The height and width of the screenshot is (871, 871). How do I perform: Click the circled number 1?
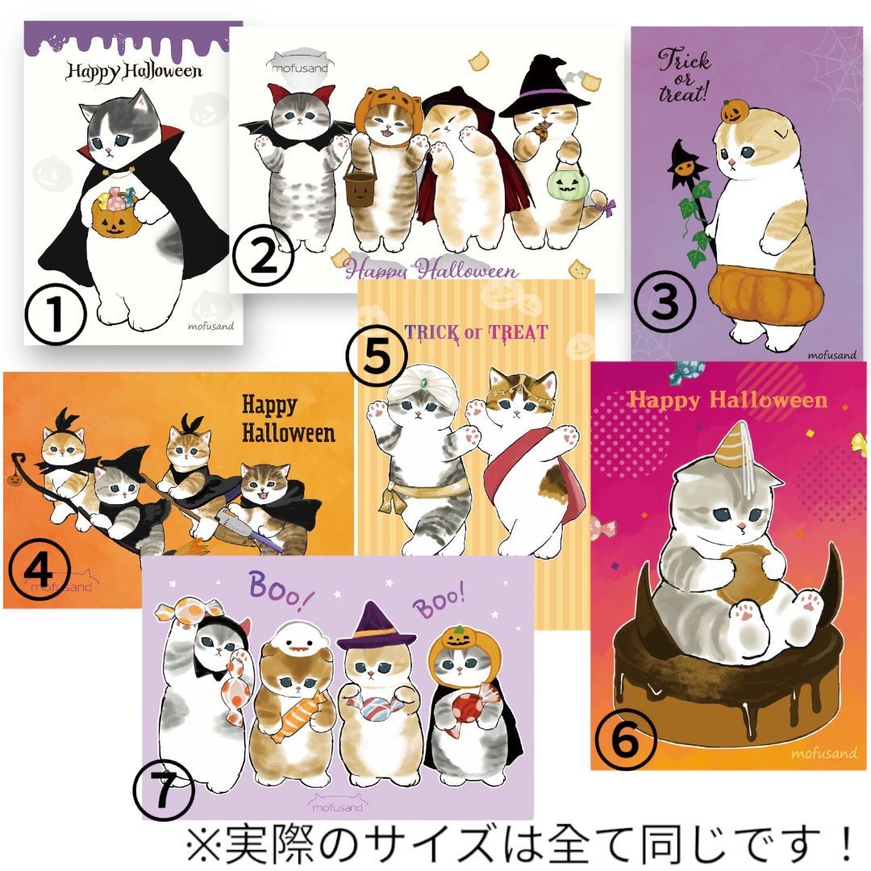click(x=55, y=314)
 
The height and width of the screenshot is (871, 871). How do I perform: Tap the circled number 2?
click(x=263, y=256)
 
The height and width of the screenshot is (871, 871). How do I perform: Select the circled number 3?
click(x=665, y=302)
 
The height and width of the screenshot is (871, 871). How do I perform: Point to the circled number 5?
click(x=377, y=358)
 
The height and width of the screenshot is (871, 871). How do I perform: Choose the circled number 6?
click(x=626, y=740)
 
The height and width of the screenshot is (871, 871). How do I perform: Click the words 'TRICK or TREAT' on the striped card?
click(x=476, y=332)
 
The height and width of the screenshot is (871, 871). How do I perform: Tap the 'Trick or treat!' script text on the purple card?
click(x=685, y=76)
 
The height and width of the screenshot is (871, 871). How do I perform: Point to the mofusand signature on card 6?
click(x=823, y=753)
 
